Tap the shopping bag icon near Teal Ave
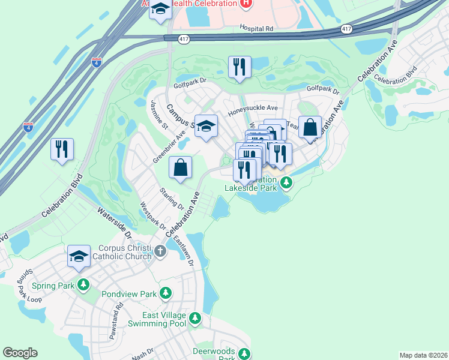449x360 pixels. pos(310,127)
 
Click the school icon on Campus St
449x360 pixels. pos(206,126)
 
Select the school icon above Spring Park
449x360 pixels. pos(79,256)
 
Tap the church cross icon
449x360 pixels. pos(160,251)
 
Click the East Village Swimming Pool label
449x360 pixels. pos(155,319)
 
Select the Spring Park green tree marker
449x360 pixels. pos(83,284)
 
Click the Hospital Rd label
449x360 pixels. pos(256,28)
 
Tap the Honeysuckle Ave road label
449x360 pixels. pos(253,109)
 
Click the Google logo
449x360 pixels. pos(20,353)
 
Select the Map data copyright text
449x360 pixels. pos(423,355)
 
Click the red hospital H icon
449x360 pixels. pos(245,4)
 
